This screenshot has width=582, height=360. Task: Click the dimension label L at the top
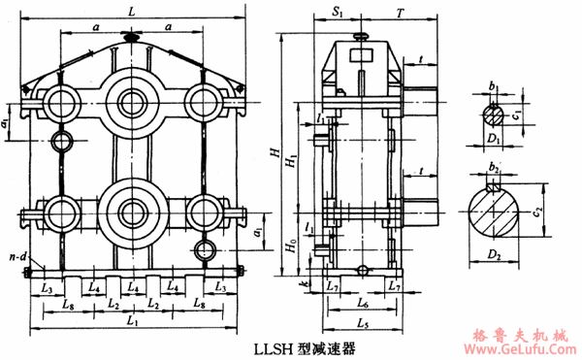pyautogui.click(x=132, y=10)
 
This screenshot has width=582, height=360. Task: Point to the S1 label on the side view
pyautogui.click(x=337, y=11)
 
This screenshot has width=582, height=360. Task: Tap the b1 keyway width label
pyautogui.click(x=494, y=86)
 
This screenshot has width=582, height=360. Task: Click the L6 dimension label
pyautogui.click(x=363, y=304)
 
